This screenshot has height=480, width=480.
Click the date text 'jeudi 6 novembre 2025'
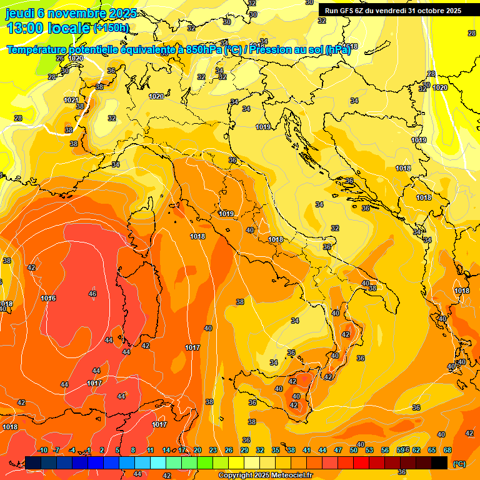click(x=66, y=14)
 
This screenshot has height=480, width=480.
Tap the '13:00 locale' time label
click(x=48, y=27)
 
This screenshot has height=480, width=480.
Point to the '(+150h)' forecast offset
click(x=111, y=27)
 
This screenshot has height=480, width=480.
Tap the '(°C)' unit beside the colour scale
click(x=459, y=464)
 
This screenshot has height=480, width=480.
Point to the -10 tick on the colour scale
click(x=42, y=450)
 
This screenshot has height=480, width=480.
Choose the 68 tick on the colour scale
click(x=447, y=450)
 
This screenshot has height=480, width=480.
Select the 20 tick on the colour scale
click(x=197, y=450)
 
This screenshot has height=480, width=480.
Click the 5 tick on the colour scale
click(x=118, y=450)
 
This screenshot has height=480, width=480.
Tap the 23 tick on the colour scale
click(x=213, y=450)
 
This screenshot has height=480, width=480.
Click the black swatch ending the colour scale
click(x=439, y=462)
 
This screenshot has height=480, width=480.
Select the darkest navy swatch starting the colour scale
click(x=33, y=462)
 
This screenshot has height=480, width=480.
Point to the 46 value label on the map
click(x=92, y=294)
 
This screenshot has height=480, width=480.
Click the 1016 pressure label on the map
click(x=49, y=298)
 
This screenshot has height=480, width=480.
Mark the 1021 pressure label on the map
click(x=71, y=100)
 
